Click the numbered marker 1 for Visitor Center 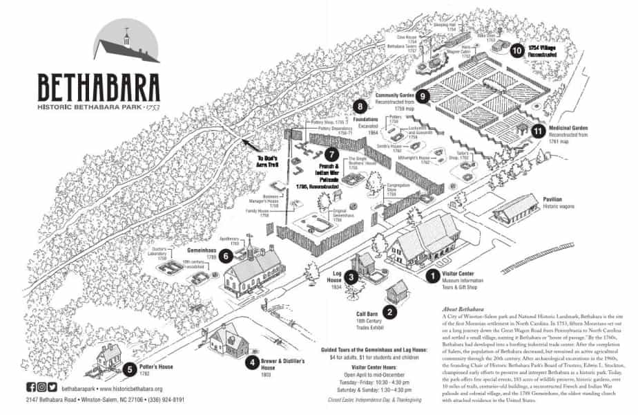[x=432, y=276]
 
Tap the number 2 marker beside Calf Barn [x=390, y=312]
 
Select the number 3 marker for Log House [x=351, y=277]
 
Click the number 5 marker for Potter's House [x=130, y=369]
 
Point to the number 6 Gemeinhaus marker [x=224, y=258]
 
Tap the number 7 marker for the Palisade [x=332, y=154]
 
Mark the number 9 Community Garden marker [x=423, y=96]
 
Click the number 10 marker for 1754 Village [x=516, y=49]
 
